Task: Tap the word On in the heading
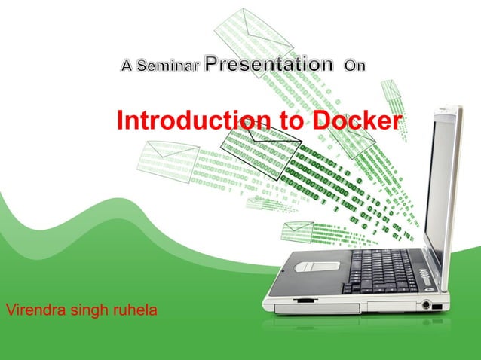[354, 66]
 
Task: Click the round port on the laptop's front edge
[427, 305]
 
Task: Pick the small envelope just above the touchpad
[297, 230]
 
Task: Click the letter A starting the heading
[128, 67]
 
